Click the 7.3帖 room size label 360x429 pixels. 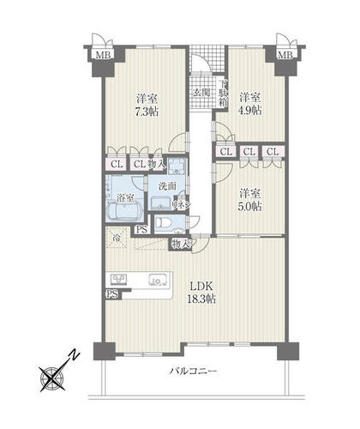click(147, 112)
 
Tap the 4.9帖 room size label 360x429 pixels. click(250, 110)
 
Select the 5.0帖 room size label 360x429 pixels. click(250, 206)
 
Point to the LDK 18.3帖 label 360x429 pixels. click(201, 293)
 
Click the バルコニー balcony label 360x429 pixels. click(194, 372)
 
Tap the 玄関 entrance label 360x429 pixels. click(201, 93)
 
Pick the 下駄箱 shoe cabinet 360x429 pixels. click(223, 93)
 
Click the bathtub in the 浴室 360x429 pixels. click(124, 212)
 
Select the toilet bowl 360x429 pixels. click(164, 222)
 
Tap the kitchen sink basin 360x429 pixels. click(158, 280)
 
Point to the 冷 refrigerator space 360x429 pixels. click(117, 237)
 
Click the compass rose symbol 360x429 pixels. click(52, 379)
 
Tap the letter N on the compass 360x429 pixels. click(75, 355)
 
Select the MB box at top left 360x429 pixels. click(103, 55)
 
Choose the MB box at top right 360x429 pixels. click(285, 55)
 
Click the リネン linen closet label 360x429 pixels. click(181, 204)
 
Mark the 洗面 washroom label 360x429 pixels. click(167, 186)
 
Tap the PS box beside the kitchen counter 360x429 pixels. click(111, 294)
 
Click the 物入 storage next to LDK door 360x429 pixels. click(181, 244)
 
